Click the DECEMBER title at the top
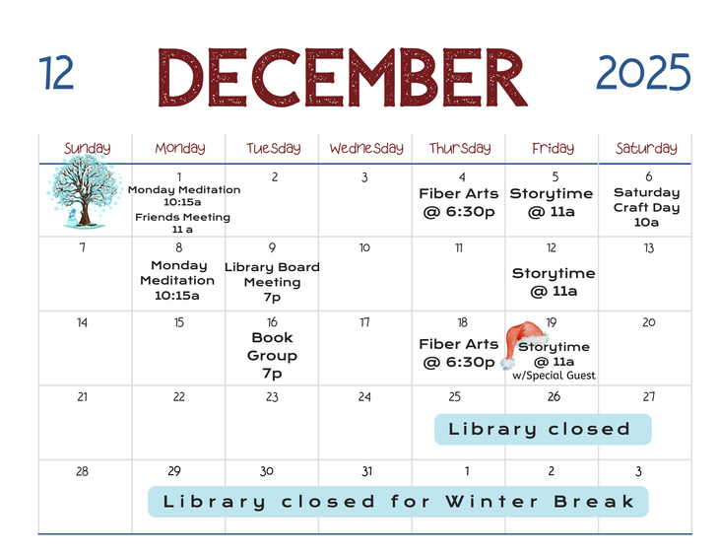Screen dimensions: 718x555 (x=343, y=78)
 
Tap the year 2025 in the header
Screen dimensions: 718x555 (x=643, y=72)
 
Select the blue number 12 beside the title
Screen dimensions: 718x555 (x=56, y=73)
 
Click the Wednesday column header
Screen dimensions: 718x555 (x=366, y=148)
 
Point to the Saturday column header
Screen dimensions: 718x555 (x=646, y=148)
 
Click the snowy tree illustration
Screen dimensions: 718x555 (x=85, y=191)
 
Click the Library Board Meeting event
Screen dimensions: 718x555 (x=272, y=282)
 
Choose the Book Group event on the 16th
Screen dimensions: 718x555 (x=272, y=355)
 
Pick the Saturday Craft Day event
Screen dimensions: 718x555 (x=646, y=207)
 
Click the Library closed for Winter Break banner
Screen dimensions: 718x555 (x=398, y=502)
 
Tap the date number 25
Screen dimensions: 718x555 (x=455, y=396)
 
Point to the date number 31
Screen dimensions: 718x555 (x=366, y=471)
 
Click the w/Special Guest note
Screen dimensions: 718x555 (x=554, y=376)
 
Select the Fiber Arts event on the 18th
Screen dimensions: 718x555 (x=458, y=353)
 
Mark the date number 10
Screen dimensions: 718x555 (x=364, y=248)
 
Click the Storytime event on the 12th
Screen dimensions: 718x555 (x=554, y=282)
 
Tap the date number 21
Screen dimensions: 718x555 (x=83, y=396)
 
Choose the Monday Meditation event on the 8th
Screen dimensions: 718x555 (x=177, y=280)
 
